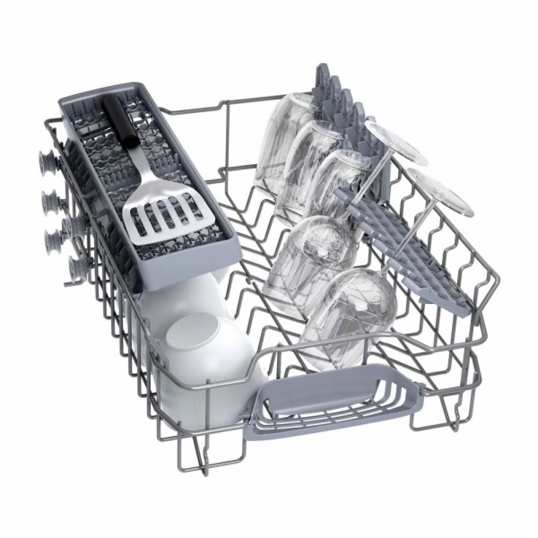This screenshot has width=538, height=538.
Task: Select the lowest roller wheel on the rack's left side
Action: (x=77, y=265)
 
